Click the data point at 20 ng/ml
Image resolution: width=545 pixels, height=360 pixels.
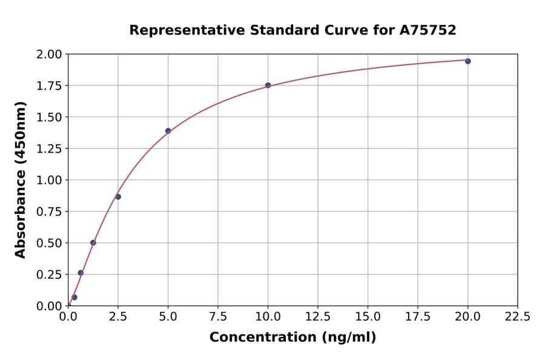click(x=467, y=61)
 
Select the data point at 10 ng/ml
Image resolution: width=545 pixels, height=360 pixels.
click(x=268, y=85)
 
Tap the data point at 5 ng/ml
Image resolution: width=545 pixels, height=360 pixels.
click(x=168, y=131)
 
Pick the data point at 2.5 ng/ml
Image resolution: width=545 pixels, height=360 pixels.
click(x=118, y=197)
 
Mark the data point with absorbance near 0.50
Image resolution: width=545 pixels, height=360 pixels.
click(x=93, y=242)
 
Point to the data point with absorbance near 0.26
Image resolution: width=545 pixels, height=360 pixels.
click(x=81, y=273)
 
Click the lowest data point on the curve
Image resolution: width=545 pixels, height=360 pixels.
click(x=74, y=298)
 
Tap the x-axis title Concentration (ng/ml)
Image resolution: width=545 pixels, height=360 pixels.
click(x=292, y=338)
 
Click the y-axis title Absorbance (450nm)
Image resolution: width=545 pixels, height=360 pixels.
click(x=21, y=179)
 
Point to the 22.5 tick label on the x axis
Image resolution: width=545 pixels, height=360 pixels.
click(x=517, y=317)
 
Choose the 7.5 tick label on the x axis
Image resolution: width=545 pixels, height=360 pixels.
click(x=218, y=317)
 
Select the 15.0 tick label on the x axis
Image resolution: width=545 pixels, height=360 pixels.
click(x=368, y=317)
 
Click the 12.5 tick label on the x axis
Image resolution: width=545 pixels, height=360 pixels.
click(x=318, y=317)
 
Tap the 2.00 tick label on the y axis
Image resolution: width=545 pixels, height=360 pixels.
click(x=50, y=55)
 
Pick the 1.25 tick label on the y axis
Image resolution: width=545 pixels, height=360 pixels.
click(x=50, y=148)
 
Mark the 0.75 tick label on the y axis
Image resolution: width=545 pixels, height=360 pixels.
click(x=50, y=212)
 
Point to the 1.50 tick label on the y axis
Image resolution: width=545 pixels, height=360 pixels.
click(x=50, y=117)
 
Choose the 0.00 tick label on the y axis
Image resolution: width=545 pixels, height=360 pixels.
click(x=50, y=306)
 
